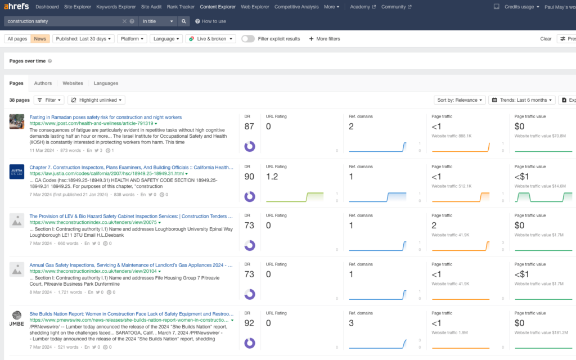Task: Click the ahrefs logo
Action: (16, 7)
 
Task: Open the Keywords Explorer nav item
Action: (116, 7)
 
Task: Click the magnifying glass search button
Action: (184, 21)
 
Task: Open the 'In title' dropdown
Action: (158, 21)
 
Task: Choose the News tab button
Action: (40, 39)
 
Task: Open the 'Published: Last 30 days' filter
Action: (83, 39)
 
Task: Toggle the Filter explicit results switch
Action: (248, 39)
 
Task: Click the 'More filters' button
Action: (325, 39)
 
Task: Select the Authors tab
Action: (43, 83)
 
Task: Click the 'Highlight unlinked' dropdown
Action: (96, 100)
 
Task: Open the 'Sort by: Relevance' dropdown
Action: (460, 100)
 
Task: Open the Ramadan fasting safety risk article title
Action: (105, 117)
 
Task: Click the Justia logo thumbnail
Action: (17, 171)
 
